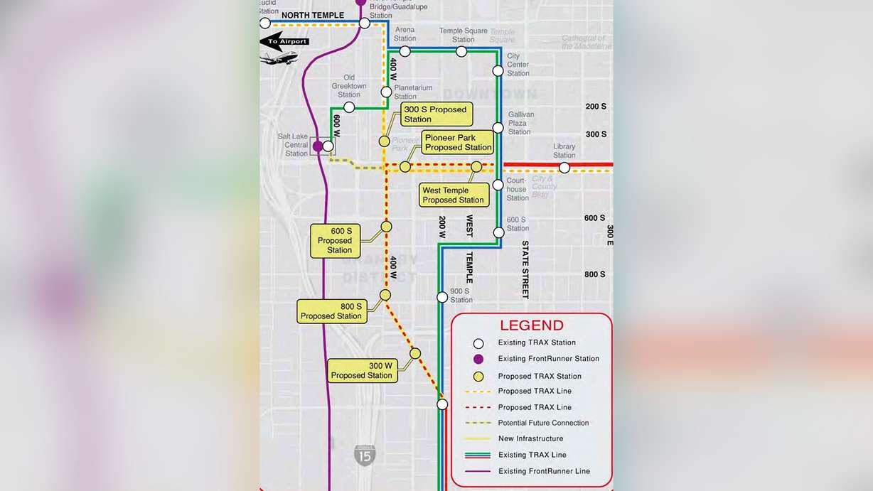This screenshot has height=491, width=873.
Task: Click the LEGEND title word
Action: point(532,325)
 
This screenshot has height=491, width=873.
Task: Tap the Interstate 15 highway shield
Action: point(365,455)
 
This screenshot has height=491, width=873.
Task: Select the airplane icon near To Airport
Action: point(279,58)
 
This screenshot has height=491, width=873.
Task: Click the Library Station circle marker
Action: point(564,168)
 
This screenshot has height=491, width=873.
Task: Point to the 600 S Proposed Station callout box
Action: point(336,240)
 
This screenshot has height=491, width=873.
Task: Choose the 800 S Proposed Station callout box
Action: point(332,311)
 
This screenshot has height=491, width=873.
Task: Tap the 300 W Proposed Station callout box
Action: point(362,370)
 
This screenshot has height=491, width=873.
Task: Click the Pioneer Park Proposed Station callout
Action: point(459,142)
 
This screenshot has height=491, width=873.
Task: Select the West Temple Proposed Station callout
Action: point(454,195)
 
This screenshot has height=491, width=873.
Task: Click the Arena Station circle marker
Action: point(405,51)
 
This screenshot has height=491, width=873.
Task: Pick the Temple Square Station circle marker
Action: point(463,51)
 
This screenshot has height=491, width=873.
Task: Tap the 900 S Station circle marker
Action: point(442,297)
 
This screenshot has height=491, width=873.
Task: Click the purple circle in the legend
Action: point(478,359)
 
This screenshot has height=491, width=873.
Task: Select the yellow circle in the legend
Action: point(478,377)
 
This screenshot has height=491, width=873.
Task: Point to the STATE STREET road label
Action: point(525,269)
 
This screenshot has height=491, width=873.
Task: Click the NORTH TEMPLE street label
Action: point(313,16)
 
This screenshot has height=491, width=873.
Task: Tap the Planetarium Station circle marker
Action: point(386,92)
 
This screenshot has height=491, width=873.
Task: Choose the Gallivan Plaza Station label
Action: point(520,123)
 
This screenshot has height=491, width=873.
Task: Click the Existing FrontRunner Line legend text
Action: point(544,471)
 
